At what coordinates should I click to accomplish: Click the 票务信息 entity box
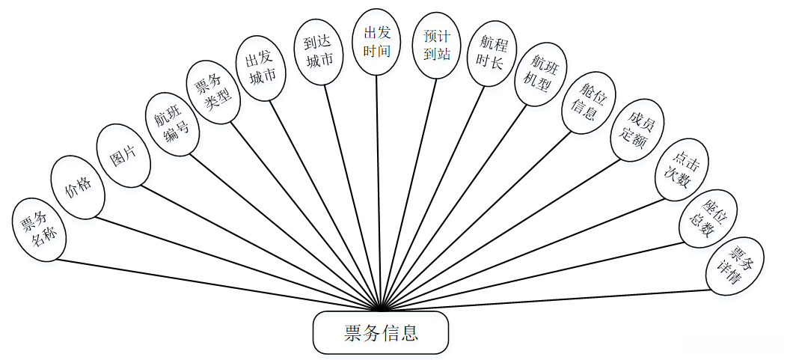tap(381, 333)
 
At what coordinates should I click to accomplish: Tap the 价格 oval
tap(77, 187)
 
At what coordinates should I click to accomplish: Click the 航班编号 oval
tap(171, 124)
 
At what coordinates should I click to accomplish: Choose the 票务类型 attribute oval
tap(213, 91)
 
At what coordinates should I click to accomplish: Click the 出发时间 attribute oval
tap(377, 42)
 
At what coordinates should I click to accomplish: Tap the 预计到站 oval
tap(437, 46)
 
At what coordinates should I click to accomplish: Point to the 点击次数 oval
tap(682, 170)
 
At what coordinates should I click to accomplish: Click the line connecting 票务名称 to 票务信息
tap(217, 284)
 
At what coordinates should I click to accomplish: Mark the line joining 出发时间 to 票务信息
tap(379, 187)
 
